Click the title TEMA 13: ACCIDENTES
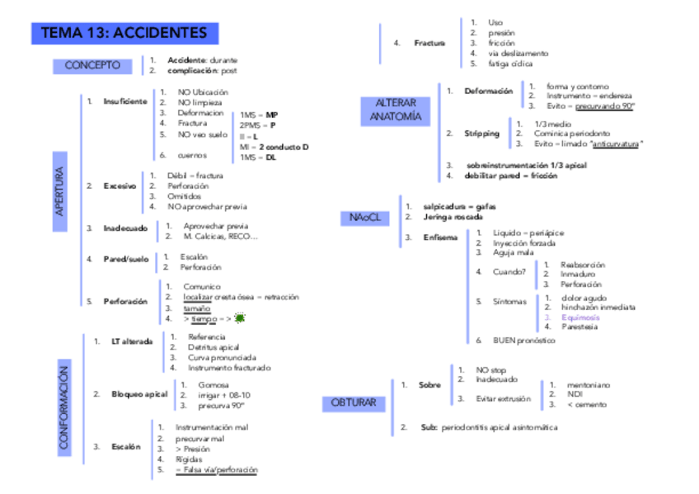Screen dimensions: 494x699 [x=124, y=34]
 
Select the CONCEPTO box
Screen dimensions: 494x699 [x=92, y=65]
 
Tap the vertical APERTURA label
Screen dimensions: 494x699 [x=60, y=191]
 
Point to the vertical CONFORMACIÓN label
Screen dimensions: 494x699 [x=64, y=409]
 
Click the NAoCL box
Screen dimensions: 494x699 [x=364, y=218]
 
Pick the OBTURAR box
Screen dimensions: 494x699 [x=354, y=403]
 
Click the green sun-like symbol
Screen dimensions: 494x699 [x=240, y=318]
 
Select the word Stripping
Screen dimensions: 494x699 [x=481, y=133]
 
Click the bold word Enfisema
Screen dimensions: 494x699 [x=439, y=238]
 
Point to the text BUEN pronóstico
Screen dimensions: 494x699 [x=524, y=340]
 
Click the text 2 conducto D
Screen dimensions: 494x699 [x=284, y=147]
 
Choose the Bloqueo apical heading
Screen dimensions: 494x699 [x=139, y=394]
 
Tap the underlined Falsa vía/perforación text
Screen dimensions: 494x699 [x=216, y=470]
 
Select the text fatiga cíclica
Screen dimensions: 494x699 [x=510, y=64]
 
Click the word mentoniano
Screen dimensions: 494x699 [x=588, y=384]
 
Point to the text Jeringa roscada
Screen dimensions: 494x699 [x=453, y=217]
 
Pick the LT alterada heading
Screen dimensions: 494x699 [x=132, y=341]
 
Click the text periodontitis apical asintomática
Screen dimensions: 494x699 [x=500, y=427]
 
